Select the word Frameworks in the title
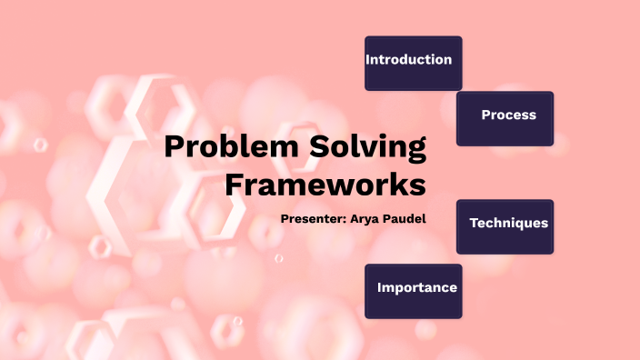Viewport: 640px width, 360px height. click(x=325, y=185)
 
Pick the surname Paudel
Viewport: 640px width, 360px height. click(x=405, y=219)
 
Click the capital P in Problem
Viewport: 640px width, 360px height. click(x=175, y=147)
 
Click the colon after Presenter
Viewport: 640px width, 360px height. click(x=344, y=220)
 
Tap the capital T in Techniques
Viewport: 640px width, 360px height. click(x=474, y=223)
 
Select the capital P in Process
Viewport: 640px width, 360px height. click(x=485, y=115)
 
